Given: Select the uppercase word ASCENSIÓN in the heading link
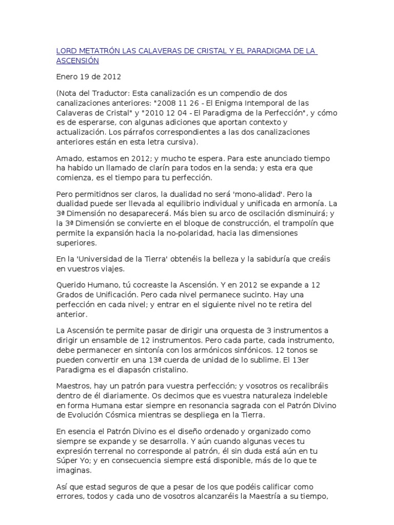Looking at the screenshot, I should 77,60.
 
